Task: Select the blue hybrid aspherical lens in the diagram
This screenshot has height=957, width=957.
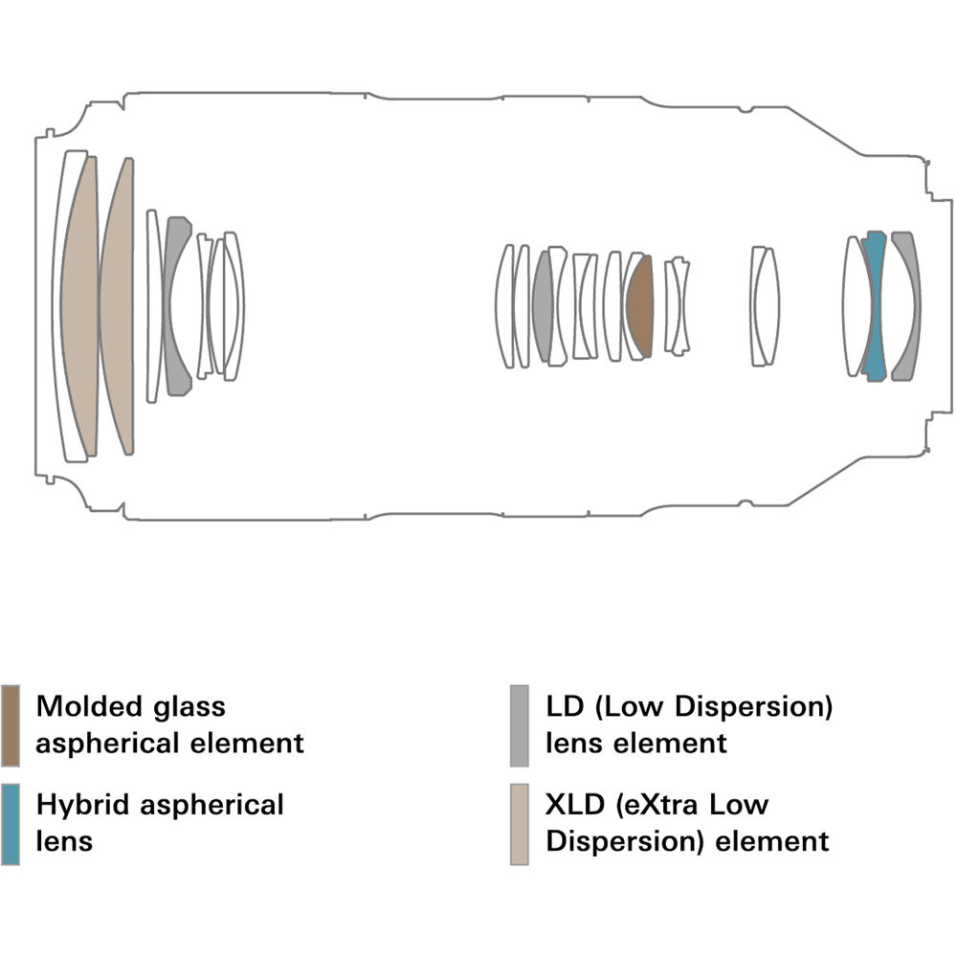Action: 873,306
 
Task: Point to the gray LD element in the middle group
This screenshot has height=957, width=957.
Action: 543,306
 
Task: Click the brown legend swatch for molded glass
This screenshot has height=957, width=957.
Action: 11,724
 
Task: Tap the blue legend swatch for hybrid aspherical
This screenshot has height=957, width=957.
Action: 11,823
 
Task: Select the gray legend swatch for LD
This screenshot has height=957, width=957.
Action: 520,724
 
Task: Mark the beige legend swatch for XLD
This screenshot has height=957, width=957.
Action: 520,823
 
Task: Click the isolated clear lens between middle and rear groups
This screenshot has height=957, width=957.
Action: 764,305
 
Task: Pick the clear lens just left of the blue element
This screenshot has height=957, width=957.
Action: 854,306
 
